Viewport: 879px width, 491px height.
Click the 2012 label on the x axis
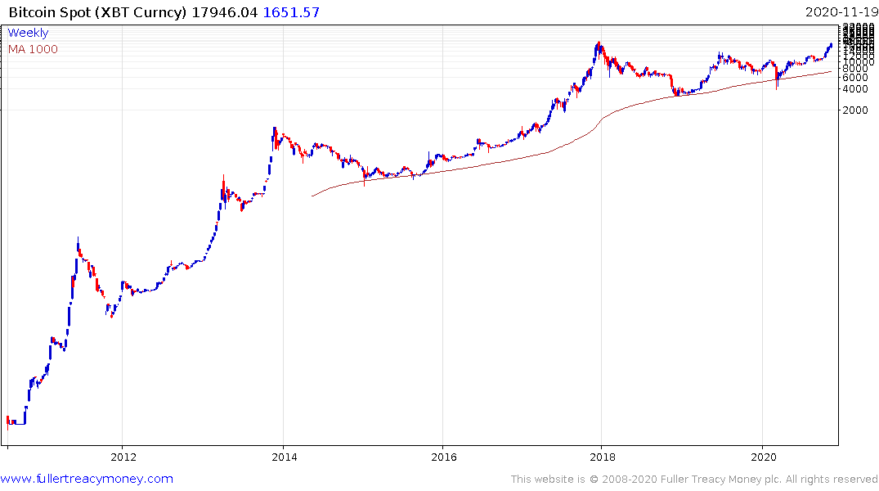123,457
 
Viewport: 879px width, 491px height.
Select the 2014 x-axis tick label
283,457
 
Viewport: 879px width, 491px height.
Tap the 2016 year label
442,457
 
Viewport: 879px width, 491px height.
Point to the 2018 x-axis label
602,457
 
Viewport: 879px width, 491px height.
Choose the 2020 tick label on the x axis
762,457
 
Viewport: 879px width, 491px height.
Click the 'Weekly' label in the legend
28,33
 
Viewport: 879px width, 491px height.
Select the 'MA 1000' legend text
33,49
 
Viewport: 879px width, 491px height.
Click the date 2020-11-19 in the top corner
840,11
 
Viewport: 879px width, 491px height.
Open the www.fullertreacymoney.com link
87,479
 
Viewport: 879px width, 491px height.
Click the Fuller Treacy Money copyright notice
694,479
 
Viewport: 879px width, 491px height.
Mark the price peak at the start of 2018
599,43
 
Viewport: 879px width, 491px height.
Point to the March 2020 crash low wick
776,87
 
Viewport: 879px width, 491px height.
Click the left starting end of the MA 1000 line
312,196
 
